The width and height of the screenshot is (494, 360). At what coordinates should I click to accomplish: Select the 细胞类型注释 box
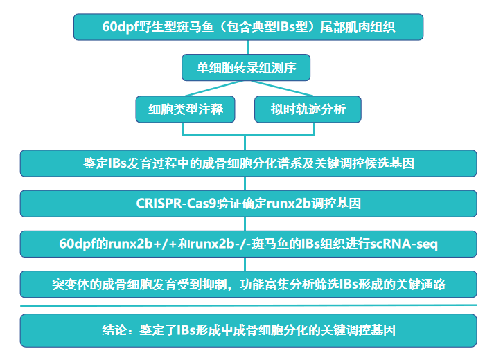click(x=184, y=109)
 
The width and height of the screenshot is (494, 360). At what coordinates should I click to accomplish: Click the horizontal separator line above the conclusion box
click(x=248, y=305)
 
